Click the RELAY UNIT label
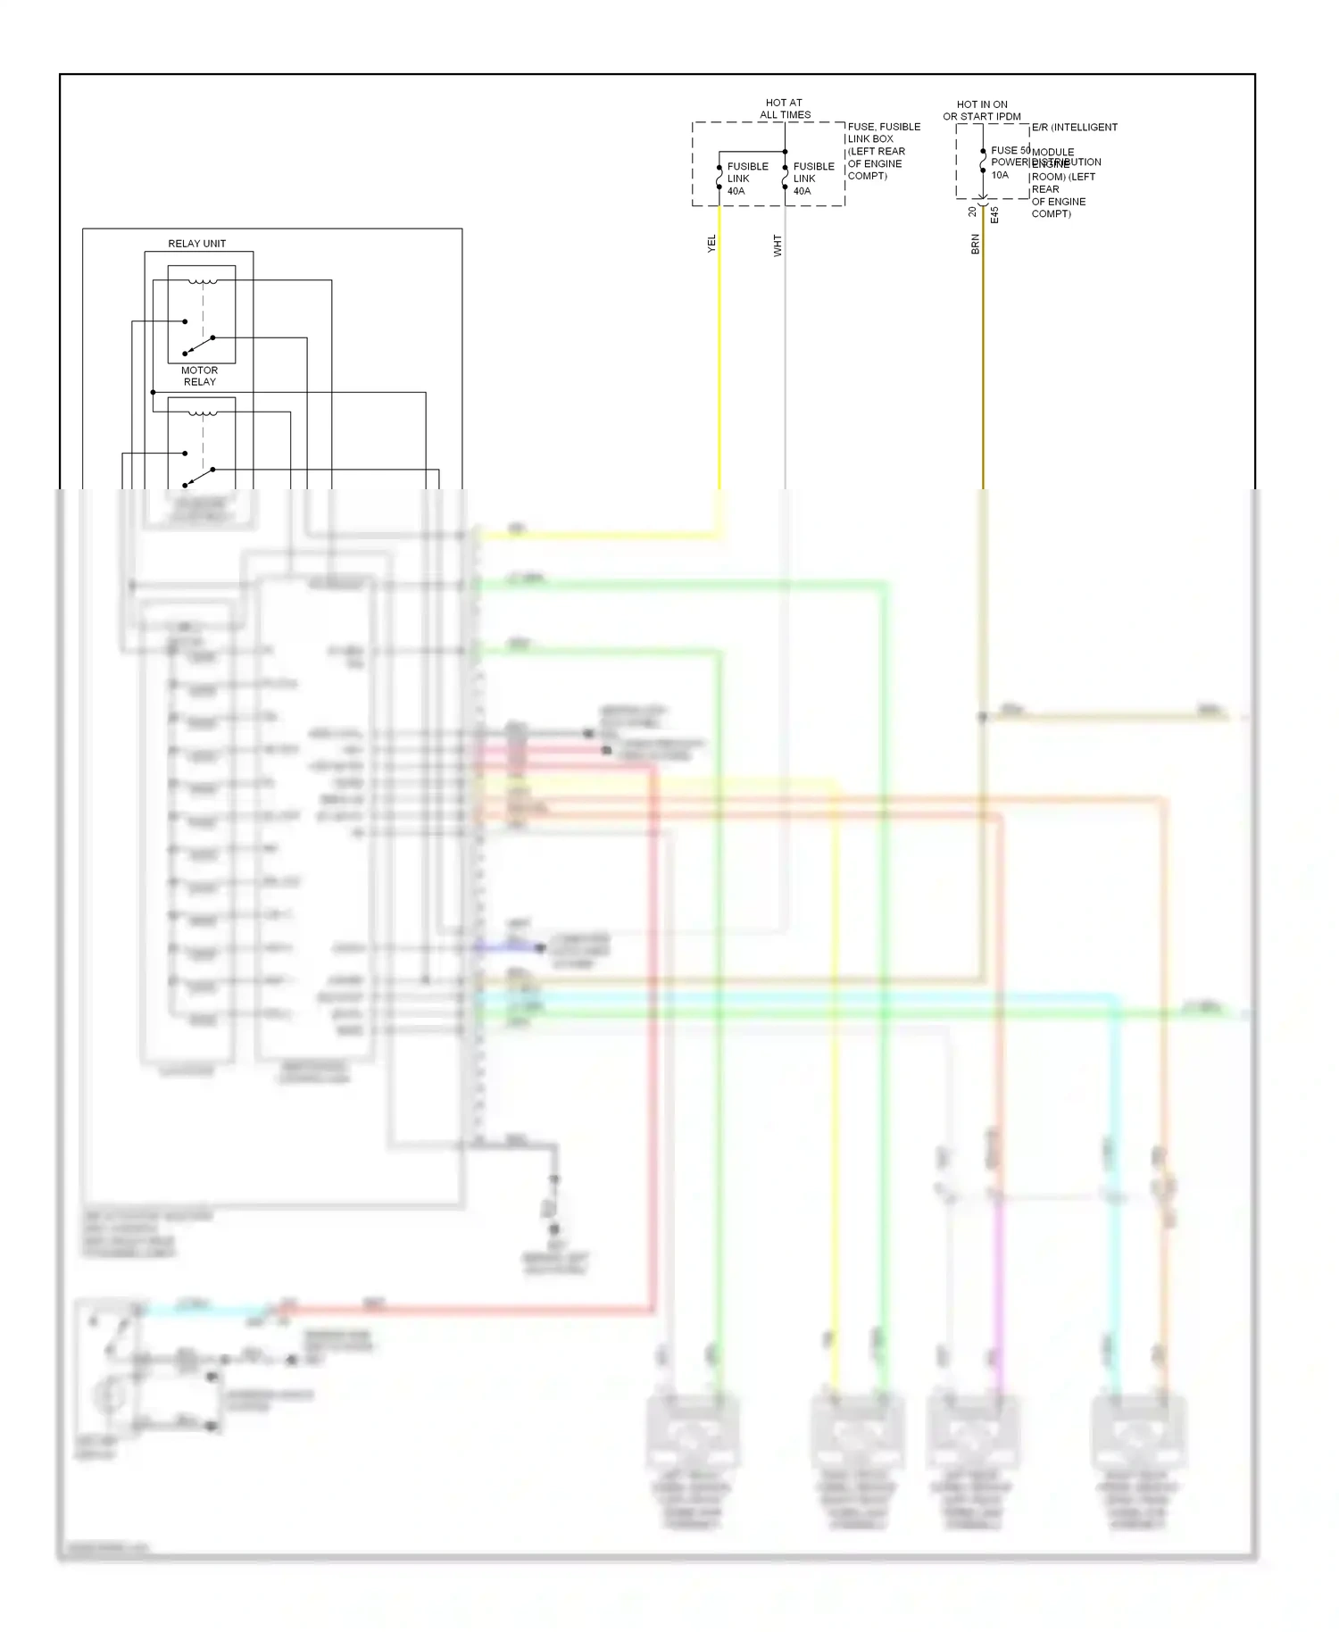196,244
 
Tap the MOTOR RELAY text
199,376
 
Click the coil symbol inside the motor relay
203,282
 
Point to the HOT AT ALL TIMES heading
785,109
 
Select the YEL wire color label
711,244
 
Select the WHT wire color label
778,246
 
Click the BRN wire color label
975,244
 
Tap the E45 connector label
994,215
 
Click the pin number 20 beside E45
972,212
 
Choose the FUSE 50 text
1010,150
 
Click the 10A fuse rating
1000,175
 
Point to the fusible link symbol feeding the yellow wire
719,178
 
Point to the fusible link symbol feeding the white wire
785,178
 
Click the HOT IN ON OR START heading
982,111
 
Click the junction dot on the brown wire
982,717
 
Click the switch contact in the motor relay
199,344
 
